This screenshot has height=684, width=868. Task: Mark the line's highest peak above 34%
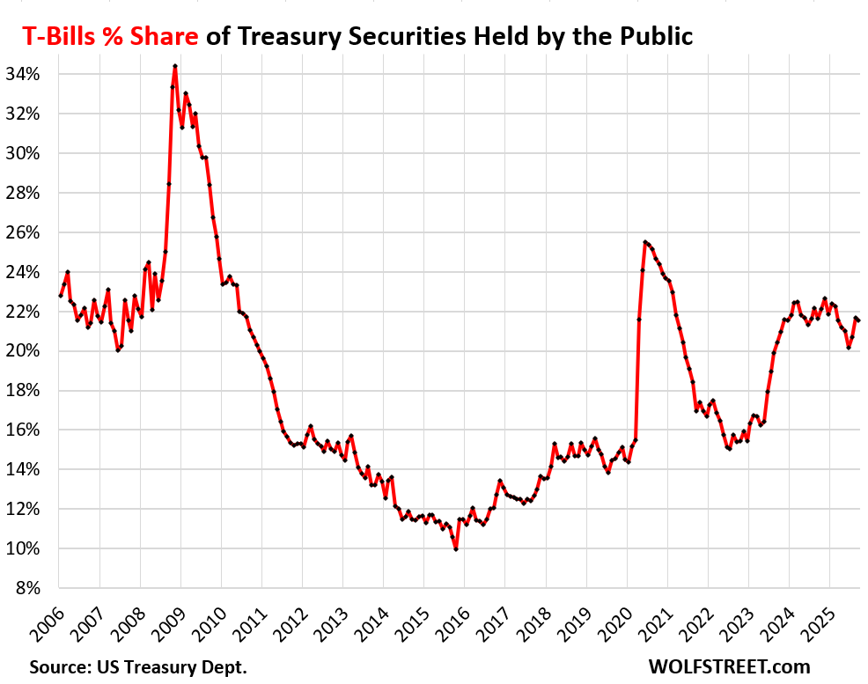point(175,66)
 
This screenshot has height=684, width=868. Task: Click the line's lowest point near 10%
point(456,549)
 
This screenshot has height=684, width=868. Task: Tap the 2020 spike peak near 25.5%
point(645,242)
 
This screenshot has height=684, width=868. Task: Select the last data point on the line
point(859,320)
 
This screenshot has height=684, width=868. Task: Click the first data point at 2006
point(60,296)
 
